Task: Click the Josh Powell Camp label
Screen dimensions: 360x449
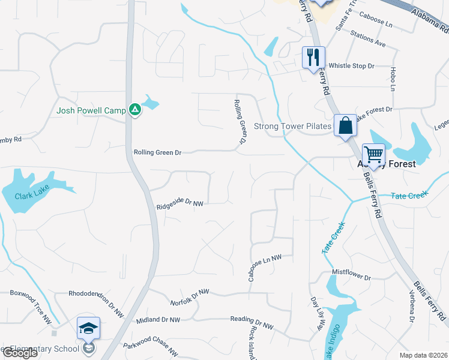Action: coord(91,110)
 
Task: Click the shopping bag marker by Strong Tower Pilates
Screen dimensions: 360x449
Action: coord(345,125)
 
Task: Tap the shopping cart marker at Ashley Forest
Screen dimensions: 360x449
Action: coord(373,155)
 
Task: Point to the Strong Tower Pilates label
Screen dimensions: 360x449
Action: coord(292,126)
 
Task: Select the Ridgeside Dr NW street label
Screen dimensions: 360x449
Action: coord(180,204)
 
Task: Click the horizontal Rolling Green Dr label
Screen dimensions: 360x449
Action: coord(157,153)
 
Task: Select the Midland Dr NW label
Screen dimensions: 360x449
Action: coord(158,320)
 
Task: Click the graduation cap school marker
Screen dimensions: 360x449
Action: coord(88,328)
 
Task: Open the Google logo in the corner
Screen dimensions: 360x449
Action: coord(20,353)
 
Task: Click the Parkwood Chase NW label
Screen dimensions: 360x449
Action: coord(151,348)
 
